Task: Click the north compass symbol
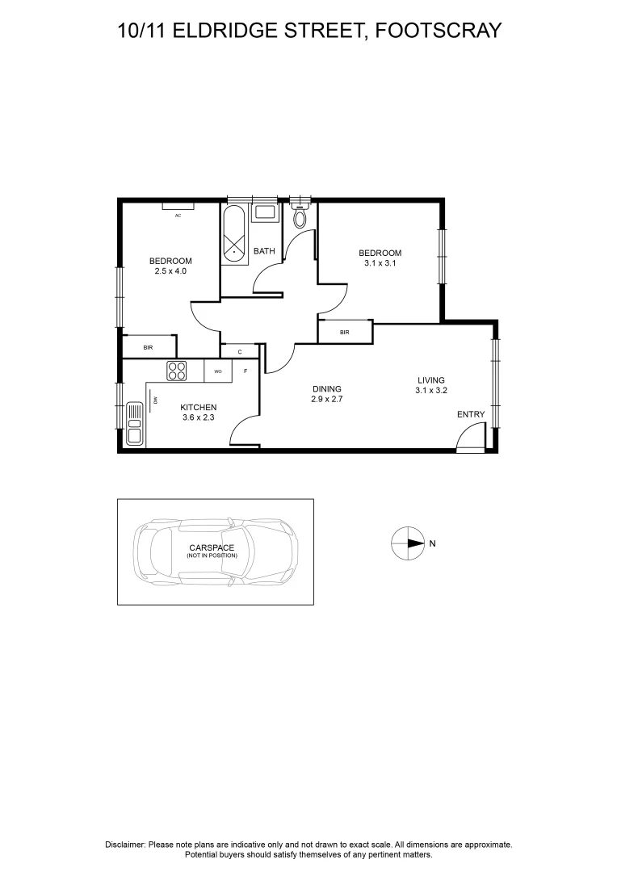tap(407, 543)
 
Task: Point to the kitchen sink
tap(134, 424)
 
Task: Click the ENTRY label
tap(471, 414)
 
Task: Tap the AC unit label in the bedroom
tap(177, 216)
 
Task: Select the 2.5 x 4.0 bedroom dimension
tap(170, 271)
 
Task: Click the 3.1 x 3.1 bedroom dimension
tap(380, 263)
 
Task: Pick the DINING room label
tap(327, 388)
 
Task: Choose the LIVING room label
tap(430, 380)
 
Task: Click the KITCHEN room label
tap(198, 407)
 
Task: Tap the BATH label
tap(264, 251)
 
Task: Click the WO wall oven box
tap(218, 371)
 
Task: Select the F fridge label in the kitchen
tap(246, 371)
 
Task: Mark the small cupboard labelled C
tap(240, 351)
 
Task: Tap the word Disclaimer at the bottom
tap(125, 844)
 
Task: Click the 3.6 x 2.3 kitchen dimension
tap(198, 417)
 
